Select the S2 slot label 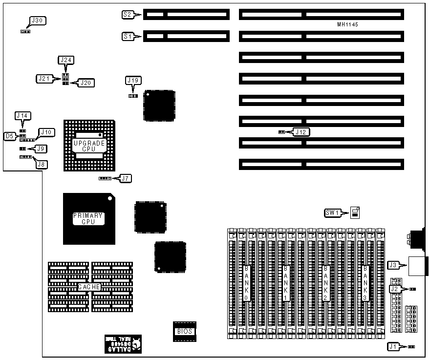(128, 15)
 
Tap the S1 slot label (128, 36)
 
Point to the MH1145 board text (348, 24)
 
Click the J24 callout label (65, 60)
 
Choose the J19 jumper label (133, 80)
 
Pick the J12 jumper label (301, 131)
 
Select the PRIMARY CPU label (88, 218)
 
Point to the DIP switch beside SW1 (355, 212)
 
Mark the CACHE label (89, 287)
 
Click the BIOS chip (185, 332)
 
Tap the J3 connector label (393, 265)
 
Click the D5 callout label (9, 136)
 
